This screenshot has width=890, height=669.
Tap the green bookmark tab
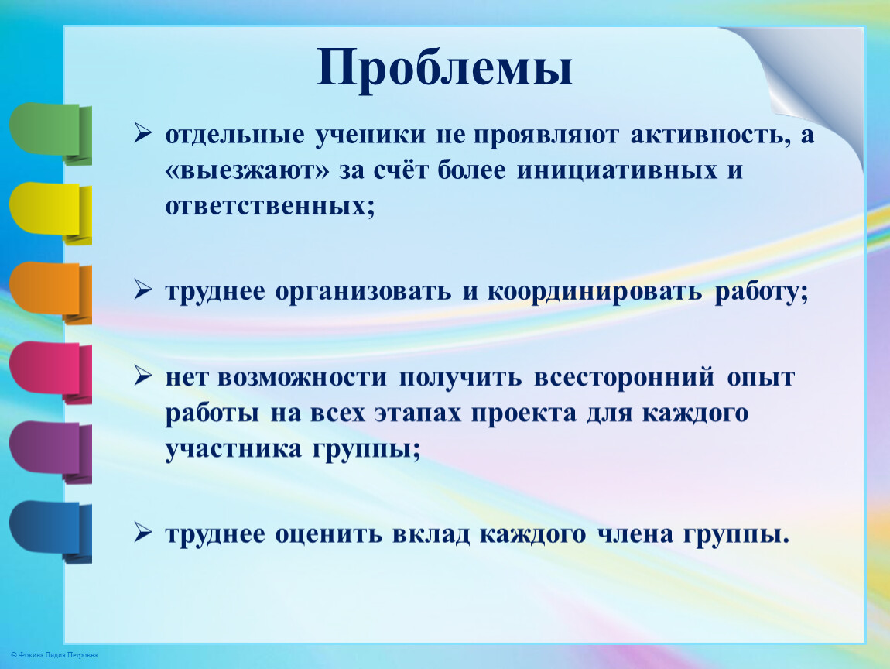(x=50, y=134)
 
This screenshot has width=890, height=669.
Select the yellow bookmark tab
(x=50, y=214)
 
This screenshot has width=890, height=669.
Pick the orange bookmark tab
(x=50, y=293)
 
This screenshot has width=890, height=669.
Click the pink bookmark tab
(x=50, y=372)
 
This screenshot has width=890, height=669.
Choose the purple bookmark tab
(x=50, y=452)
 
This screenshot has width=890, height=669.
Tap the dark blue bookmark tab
(x=50, y=532)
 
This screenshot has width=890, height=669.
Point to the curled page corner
(x=806, y=85)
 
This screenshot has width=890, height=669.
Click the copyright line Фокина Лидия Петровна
(x=54, y=655)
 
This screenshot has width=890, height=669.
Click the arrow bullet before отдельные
(x=143, y=133)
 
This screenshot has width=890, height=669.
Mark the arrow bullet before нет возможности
(x=143, y=376)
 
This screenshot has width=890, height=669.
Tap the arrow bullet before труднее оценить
(x=143, y=533)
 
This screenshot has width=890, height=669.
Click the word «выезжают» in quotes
(x=247, y=170)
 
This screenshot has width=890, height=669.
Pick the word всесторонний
(x=624, y=377)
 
